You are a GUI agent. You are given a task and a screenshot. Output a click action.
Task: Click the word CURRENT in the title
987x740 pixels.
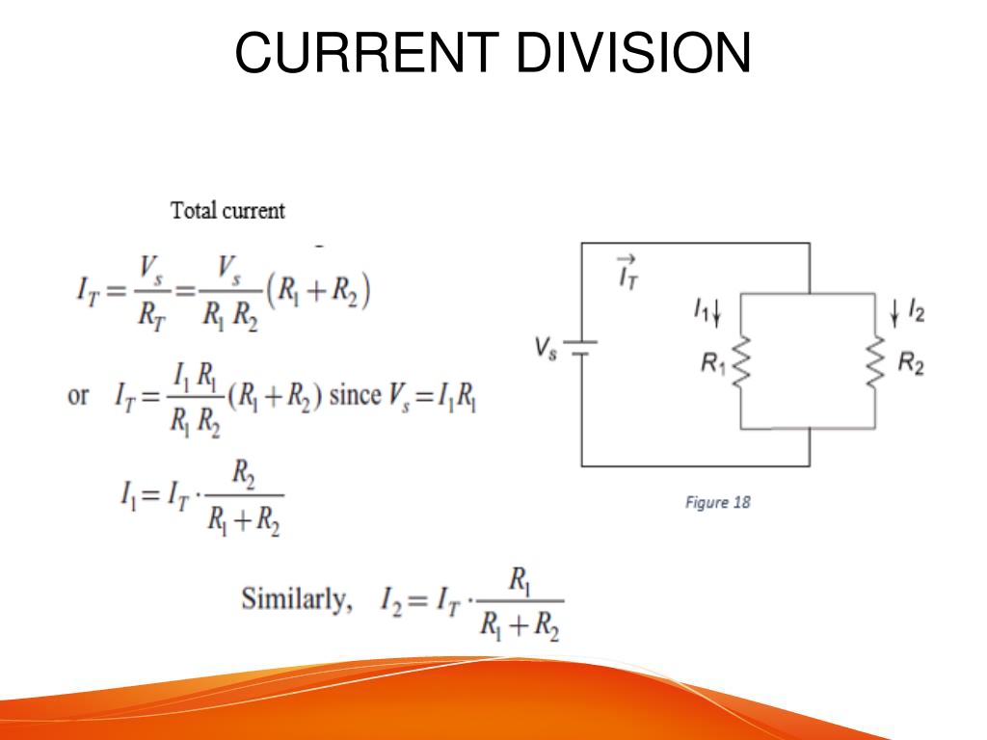click(367, 53)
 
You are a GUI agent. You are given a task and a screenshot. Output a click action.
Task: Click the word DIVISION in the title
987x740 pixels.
click(634, 53)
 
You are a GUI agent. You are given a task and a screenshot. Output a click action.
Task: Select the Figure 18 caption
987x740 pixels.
click(717, 502)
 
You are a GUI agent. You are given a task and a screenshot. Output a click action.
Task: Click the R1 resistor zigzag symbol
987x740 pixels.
click(741, 363)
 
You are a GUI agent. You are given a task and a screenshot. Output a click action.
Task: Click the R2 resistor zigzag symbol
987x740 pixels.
click(875, 363)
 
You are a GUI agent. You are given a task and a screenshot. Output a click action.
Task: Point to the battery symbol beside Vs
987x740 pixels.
click(580, 348)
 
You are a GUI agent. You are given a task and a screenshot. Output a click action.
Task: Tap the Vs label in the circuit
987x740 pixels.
click(546, 348)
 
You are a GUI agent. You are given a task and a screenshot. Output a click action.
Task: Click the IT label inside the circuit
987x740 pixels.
click(627, 273)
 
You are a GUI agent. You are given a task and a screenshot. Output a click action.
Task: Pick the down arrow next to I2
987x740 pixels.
click(894, 313)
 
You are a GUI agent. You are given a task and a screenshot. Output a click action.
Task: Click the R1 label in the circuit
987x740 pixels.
click(713, 363)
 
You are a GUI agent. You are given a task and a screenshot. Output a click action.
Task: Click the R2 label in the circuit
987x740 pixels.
click(911, 363)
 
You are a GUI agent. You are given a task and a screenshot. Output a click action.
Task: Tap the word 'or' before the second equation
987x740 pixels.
click(78, 396)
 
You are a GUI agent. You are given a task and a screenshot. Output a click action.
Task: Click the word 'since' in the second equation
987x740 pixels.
click(355, 395)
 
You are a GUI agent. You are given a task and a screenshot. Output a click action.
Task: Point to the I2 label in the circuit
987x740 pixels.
click(916, 311)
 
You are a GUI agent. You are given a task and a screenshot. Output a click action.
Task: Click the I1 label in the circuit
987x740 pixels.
click(702, 309)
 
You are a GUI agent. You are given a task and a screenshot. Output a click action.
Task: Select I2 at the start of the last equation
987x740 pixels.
click(390, 599)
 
